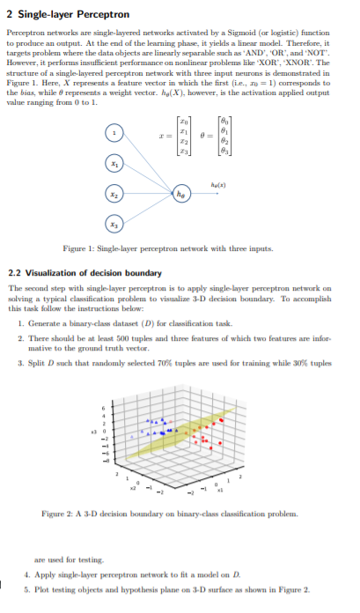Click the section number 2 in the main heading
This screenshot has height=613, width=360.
10,14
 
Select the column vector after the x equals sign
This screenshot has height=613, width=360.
183,139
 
